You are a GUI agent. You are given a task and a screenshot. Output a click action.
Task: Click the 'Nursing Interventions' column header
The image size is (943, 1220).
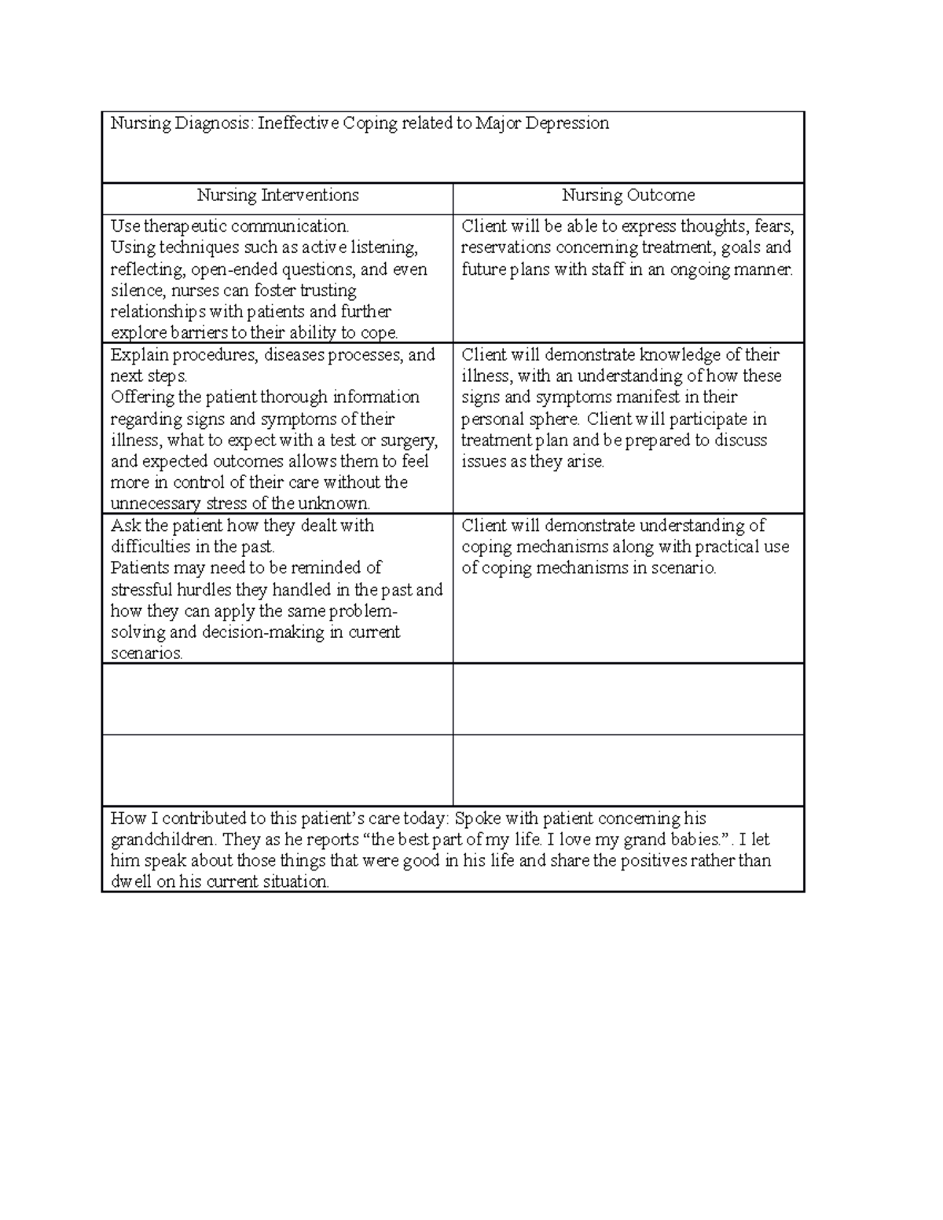tap(277, 196)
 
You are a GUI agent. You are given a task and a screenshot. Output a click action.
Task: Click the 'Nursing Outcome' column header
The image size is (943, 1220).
tap(628, 196)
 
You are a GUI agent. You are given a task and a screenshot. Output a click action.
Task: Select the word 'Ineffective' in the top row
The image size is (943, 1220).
tap(297, 123)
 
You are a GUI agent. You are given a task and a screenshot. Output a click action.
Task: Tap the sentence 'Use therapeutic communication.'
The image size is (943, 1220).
tap(229, 227)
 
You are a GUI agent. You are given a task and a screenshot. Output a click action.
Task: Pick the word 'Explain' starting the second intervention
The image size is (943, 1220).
tap(139, 355)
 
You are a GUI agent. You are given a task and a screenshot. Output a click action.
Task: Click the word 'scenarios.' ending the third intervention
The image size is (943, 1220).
tap(146, 654)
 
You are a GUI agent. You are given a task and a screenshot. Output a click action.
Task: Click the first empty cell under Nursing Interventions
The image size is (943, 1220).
tap(277, 699)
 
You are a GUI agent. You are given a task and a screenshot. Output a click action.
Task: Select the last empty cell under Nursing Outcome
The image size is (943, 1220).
tap(628, 771)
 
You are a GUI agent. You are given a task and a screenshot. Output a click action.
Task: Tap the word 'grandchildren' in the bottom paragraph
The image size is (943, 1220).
tap(162, 840)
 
